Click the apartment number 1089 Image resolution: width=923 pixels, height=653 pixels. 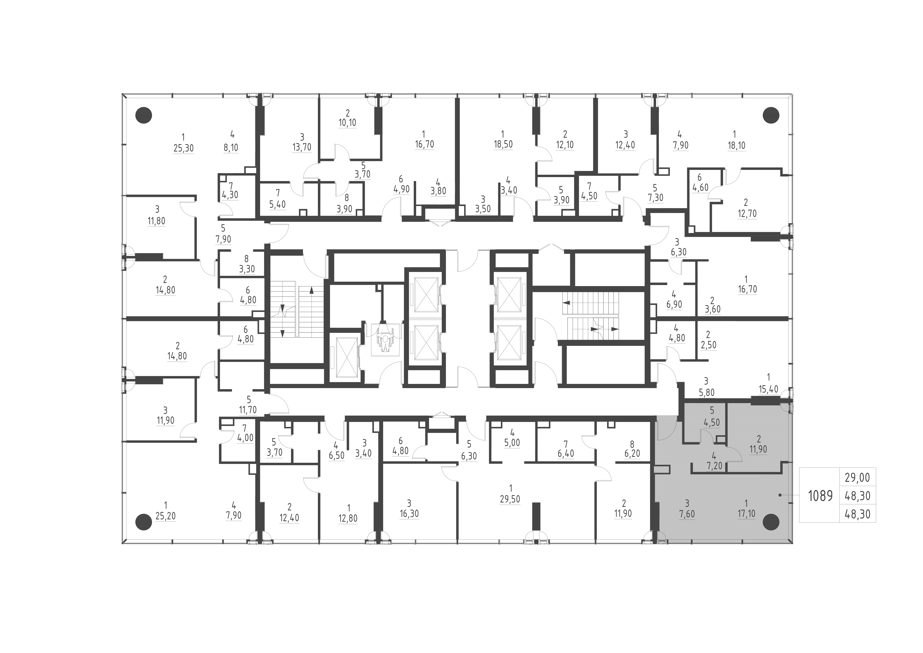[x=820, y=496]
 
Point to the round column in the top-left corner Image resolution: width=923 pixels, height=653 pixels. [x=144, y=115]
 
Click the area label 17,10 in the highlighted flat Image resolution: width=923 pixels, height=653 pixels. [x=746, y=514]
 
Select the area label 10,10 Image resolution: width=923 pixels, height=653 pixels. [x=347, y=122]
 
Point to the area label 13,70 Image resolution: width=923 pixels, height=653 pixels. [x=302, y=147]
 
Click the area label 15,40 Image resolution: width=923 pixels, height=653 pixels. [x=768, y=389]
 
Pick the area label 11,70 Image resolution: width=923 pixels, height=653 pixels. [x=248, y=410]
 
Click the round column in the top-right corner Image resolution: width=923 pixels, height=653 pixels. [x=771, y=115]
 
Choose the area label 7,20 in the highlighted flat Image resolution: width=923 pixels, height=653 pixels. [x=714, y=466]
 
